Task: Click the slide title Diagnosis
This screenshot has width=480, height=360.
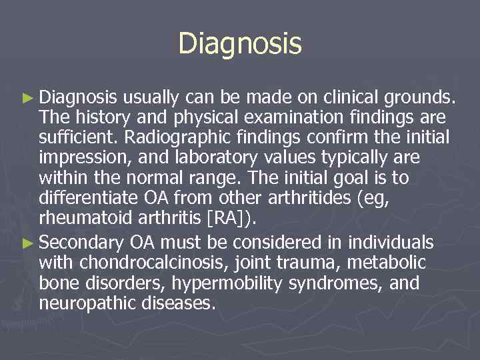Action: click(x=240, y=44)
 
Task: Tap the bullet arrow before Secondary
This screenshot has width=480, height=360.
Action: click(x=27, y=241)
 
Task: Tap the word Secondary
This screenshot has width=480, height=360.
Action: click(x=82, y=241)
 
